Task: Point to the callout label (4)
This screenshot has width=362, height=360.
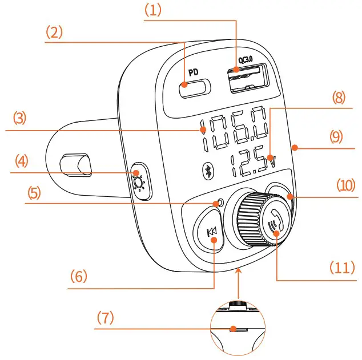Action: [22, 161]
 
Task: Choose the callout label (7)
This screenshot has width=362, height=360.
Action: [104, 318]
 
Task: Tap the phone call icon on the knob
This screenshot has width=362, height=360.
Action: [275, 224]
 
